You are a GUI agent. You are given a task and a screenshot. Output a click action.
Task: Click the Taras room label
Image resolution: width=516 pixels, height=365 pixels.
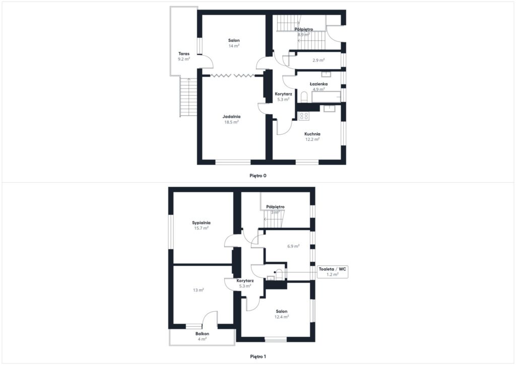[x=184, y=53]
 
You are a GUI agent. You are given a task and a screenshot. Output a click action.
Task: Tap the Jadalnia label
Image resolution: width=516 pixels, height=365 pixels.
[x=231, y=116]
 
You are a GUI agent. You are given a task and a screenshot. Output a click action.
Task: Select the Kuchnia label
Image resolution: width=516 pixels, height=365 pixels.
[x=312, y=134]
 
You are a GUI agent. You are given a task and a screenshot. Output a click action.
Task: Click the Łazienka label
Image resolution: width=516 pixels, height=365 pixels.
[x=318, y=84]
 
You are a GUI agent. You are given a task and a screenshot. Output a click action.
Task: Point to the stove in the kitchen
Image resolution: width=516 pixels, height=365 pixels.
[x=303, y=116]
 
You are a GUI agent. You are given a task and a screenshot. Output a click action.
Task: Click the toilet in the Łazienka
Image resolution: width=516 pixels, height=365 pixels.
[x=304, y=97]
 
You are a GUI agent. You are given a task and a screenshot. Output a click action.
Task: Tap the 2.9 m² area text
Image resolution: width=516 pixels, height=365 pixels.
[x=318, y=60]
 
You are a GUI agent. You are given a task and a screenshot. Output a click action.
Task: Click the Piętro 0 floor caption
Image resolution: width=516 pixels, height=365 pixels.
[x=258, y=176]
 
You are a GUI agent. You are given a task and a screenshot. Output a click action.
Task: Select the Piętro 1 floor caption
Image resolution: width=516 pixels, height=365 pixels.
[x=258, y=356]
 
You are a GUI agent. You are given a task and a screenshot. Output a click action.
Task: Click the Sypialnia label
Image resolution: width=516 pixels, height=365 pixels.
[x=201, y=223]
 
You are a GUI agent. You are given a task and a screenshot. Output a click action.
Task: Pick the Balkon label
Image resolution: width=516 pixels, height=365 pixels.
[x=202, y=334]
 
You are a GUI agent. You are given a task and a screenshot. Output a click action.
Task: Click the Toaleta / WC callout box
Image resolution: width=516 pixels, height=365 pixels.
[x=333, y=272]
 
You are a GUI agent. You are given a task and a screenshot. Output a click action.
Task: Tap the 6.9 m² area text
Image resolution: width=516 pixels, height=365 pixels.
[x=293, y=246]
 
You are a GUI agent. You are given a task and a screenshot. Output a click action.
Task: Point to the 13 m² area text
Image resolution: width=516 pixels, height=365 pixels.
[x=199, y=290]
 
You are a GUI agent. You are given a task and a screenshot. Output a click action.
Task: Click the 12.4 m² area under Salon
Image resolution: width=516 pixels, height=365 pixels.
[x=282, y=317]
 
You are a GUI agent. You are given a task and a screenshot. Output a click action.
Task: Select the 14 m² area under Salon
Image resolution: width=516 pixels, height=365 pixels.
[x=234, y=46]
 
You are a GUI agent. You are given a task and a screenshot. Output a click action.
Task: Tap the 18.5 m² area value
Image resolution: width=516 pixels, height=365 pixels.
[x=231, y=122]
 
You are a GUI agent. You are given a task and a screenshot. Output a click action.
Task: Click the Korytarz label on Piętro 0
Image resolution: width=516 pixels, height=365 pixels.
[x=283, y=94]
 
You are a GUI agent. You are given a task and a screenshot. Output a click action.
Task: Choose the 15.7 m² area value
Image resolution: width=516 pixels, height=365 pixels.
[x=201, y=228]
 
